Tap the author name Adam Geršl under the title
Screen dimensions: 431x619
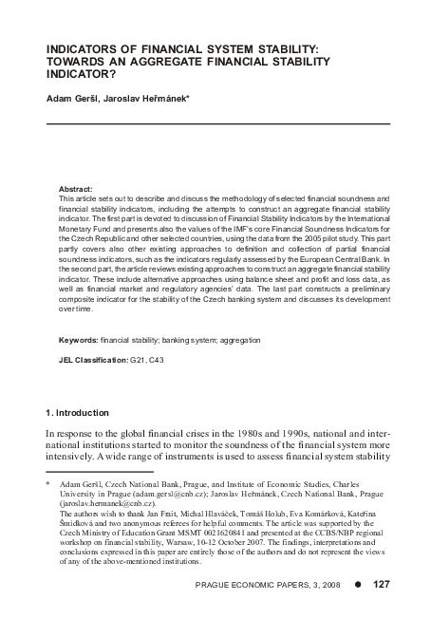[72, 98]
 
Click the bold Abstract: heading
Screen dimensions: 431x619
[75, 189]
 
